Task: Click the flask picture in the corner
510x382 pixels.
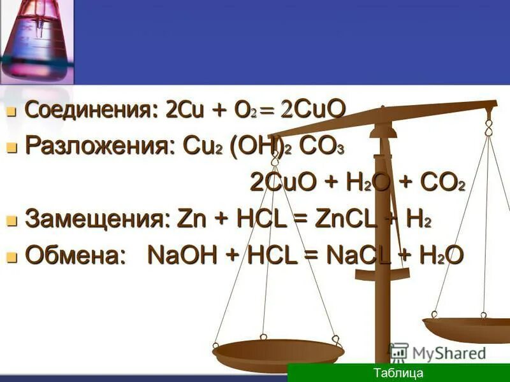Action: (36, 41)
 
